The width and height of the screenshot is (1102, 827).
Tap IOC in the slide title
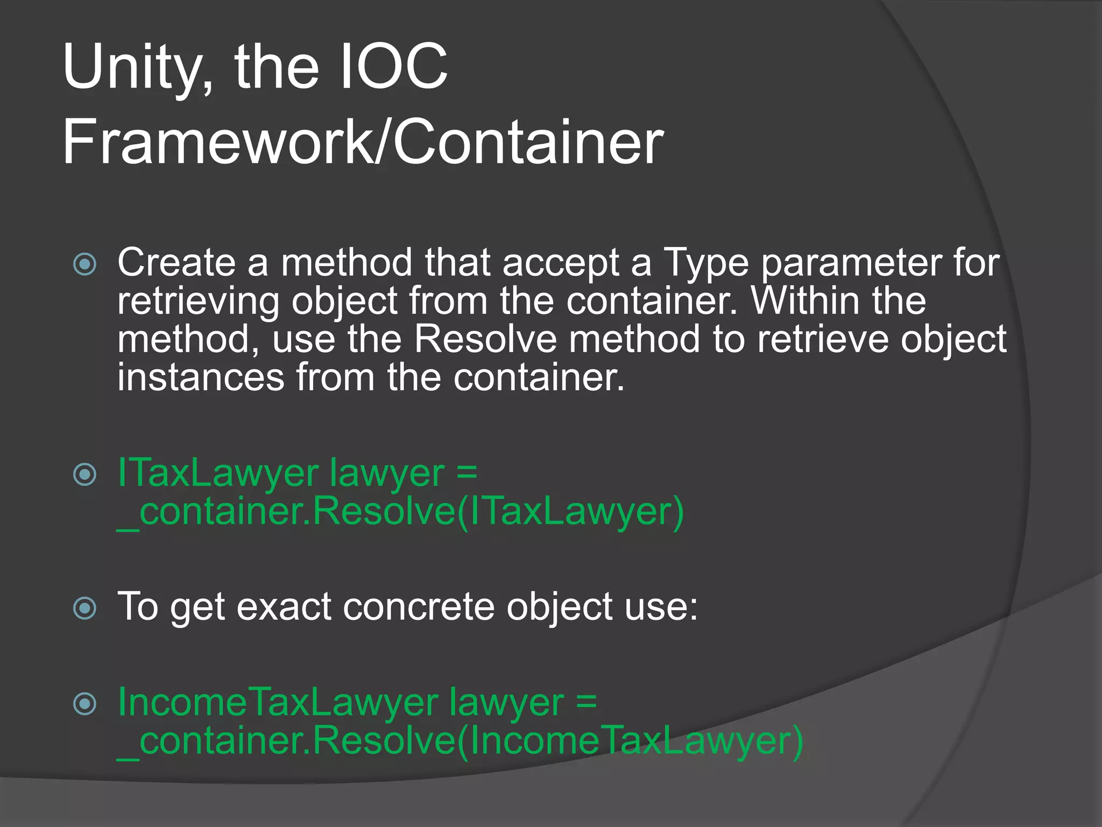pos(394,67)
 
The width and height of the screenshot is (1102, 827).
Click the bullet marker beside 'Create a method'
pos(85,264)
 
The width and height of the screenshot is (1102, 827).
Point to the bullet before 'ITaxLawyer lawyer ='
pos(85,474)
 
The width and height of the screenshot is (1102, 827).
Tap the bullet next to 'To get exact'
pos(85,608)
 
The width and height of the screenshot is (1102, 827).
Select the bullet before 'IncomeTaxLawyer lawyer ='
pos(85,704)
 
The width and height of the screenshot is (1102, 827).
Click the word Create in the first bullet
pos(176,263)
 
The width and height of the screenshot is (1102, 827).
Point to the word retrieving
pos(198,302)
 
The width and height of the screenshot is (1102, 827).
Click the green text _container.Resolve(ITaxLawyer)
pos(401,511)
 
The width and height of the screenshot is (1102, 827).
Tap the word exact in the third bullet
pos(284,607)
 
